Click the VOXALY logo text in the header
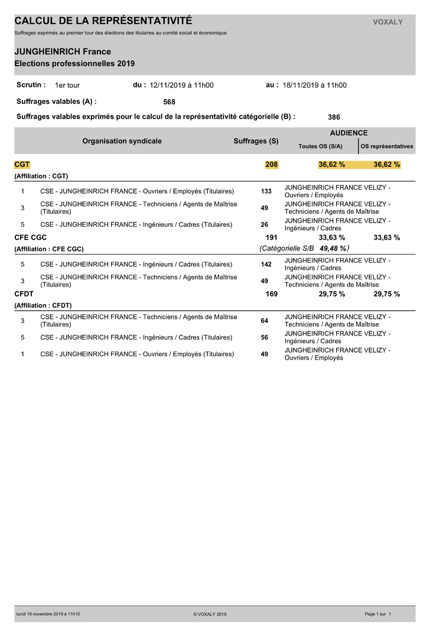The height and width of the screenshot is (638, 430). [387, 22]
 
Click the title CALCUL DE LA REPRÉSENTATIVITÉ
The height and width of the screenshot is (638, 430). [103, 21]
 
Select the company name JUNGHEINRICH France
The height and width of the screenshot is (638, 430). [63, 52]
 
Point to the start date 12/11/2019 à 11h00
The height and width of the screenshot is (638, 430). [181, 85]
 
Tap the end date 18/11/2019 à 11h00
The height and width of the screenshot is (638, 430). [314, 85]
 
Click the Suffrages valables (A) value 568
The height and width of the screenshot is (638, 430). [169, 102]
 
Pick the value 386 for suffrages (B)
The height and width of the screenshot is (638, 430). [334, 117]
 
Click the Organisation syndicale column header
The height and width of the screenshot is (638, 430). [122, 141]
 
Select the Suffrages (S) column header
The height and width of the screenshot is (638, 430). [256, 141]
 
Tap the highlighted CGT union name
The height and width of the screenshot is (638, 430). [22, 164]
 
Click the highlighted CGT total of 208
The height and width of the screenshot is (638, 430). [271, 164]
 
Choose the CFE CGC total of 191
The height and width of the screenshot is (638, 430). [271, 237]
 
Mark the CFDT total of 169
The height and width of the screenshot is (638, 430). [271, 294]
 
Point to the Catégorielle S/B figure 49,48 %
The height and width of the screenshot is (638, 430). [333, 249]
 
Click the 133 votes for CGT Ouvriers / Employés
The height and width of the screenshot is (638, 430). [266, 191]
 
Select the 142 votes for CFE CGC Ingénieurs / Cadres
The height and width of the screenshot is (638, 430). [266, 264]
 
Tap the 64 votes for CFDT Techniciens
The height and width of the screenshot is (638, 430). [265, 321]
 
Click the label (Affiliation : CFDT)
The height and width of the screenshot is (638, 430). [43, 305]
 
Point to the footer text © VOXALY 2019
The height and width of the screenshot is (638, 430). [210, 614]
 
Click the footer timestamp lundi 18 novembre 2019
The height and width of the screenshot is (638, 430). [48, 614]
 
